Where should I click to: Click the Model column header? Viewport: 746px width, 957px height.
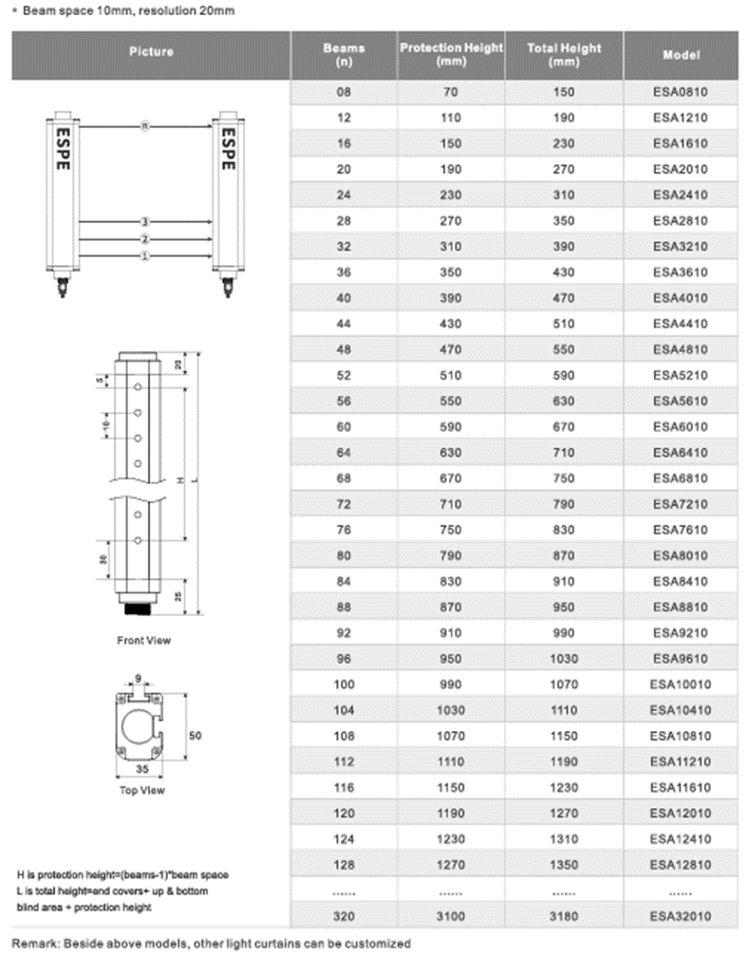681,55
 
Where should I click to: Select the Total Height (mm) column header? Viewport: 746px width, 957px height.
564,55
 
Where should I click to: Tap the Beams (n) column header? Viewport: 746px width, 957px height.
344,55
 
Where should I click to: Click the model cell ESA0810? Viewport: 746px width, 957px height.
681,93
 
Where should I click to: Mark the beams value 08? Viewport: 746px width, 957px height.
344,93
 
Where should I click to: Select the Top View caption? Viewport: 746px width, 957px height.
141,789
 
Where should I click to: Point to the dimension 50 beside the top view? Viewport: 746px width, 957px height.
196,735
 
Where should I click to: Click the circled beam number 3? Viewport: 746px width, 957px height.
144,222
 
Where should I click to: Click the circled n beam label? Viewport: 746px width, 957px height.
144,125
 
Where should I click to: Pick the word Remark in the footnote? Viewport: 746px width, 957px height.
34,944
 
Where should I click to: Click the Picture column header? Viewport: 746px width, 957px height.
150,51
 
